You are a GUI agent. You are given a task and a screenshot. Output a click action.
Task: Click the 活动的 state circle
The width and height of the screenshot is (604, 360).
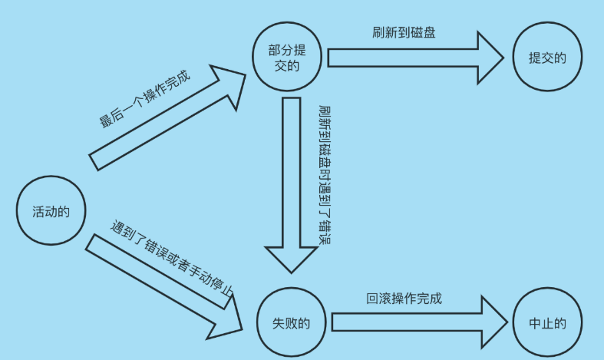pyautogui.click(x=51, y=211)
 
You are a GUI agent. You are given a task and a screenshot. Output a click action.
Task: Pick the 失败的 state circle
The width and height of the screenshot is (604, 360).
pyautogui.click(x=292, y=322)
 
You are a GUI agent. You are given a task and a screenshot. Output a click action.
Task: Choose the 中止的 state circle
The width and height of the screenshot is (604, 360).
pyautogui.click(x=547, y=323)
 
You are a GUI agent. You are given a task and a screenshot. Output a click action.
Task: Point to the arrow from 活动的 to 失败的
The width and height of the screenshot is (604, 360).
pyautogui.click(x=161, y=283)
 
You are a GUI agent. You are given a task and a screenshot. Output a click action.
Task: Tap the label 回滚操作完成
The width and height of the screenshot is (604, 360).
pyautogui.click(x=404, y=299)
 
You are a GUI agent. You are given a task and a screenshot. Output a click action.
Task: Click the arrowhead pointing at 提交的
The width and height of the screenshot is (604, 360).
pyautogui.click(x=490, y=58)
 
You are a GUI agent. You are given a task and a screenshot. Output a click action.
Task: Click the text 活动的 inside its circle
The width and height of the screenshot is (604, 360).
pyautogui.click(x=51, y=211)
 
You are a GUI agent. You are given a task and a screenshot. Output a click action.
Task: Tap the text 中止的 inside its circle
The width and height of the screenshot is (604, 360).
pyautogui.click(x=547, y=323)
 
